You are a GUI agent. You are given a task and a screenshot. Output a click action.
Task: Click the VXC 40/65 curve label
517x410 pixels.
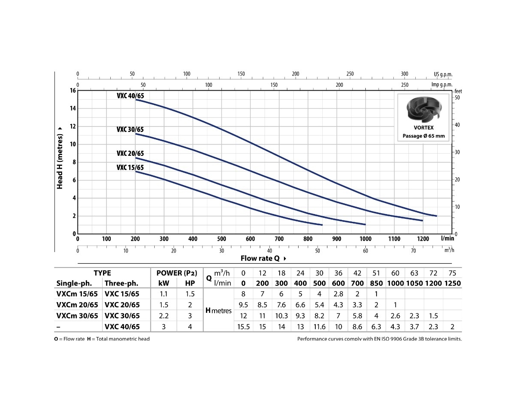click(130, 96)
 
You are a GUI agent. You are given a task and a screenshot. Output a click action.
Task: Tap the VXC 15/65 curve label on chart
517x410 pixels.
click(130, 167)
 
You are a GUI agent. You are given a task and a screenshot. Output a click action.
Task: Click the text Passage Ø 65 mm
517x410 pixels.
click(424, 136)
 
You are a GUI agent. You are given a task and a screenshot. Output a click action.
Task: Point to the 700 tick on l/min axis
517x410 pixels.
click(279, 239)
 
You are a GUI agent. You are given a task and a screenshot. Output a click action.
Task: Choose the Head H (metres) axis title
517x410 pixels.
click(60, 158)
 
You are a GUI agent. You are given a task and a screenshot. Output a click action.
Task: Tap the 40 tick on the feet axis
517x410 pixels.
click(458, 125)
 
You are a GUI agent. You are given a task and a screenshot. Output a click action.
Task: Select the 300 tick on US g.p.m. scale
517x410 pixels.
click(404, 74)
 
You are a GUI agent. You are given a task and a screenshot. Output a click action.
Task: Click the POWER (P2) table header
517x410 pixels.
click(177, 273)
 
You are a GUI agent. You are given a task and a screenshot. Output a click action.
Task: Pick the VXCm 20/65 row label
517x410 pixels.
click(77, 305)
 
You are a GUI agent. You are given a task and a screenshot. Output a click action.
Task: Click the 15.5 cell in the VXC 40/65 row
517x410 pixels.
click(243, 327)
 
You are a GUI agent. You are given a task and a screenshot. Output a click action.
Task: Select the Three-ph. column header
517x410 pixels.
click(121, 284)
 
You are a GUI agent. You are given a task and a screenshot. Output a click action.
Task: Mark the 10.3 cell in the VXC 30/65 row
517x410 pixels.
click(281, 316)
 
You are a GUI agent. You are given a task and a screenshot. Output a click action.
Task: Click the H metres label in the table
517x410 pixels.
click(218, 310)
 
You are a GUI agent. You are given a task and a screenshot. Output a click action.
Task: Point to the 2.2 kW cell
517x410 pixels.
click(163, 316)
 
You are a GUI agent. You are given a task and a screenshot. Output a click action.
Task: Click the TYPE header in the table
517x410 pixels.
click(102, 273)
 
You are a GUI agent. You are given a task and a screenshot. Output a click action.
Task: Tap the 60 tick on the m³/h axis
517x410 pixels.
click(365, 251)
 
